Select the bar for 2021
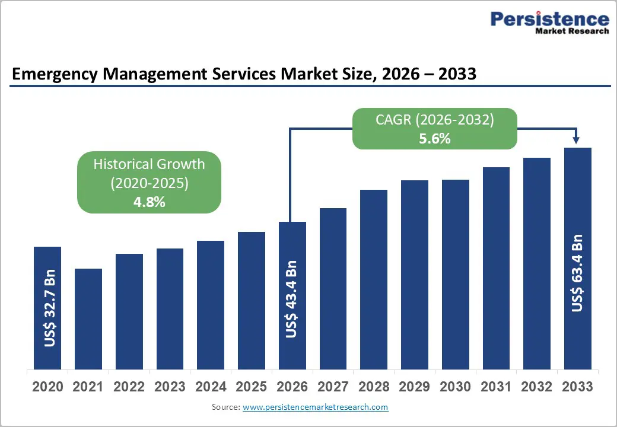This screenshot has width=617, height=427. point(88,318)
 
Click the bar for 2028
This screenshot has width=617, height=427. point(373,279)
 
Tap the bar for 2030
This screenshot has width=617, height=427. point(455,274)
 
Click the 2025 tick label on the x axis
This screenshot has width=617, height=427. point(251,387)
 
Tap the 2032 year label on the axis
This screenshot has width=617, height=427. point(536,387)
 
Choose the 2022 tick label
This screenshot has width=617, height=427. point(129,387)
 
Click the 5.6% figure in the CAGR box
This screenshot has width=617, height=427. point(434,139)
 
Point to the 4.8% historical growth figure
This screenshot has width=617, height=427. point(149,202)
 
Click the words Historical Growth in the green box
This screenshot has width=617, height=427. point(149,164)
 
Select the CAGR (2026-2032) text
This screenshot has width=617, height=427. point(434,120)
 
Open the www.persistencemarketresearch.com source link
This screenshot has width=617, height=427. point(315,407)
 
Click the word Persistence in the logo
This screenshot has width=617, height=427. point(549,20)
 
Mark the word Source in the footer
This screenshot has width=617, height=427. point(224,407)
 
